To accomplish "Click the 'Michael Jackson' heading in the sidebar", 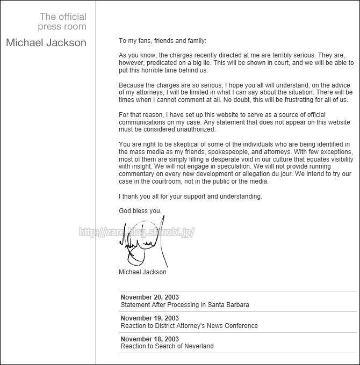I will click(x=46, y=43).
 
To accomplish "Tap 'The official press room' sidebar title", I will click(x=62, y=22).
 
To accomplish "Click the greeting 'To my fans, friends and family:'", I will click(x=162, y=40).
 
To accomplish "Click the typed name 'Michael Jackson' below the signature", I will click(x=142, y=272).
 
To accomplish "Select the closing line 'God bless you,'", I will click(x=140, y=211).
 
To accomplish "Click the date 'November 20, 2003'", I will click(x=150, y=297).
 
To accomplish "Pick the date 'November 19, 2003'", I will click(x=150, y=318).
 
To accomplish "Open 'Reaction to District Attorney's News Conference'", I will click(x=189, y=326).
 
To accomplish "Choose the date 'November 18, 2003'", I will click(x=150, y=339).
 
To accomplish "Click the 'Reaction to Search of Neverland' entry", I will click(x=167, y=346).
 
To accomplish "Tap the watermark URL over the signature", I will click(x=136, y=232).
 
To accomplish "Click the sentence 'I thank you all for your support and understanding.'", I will click(x=190, y=196).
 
